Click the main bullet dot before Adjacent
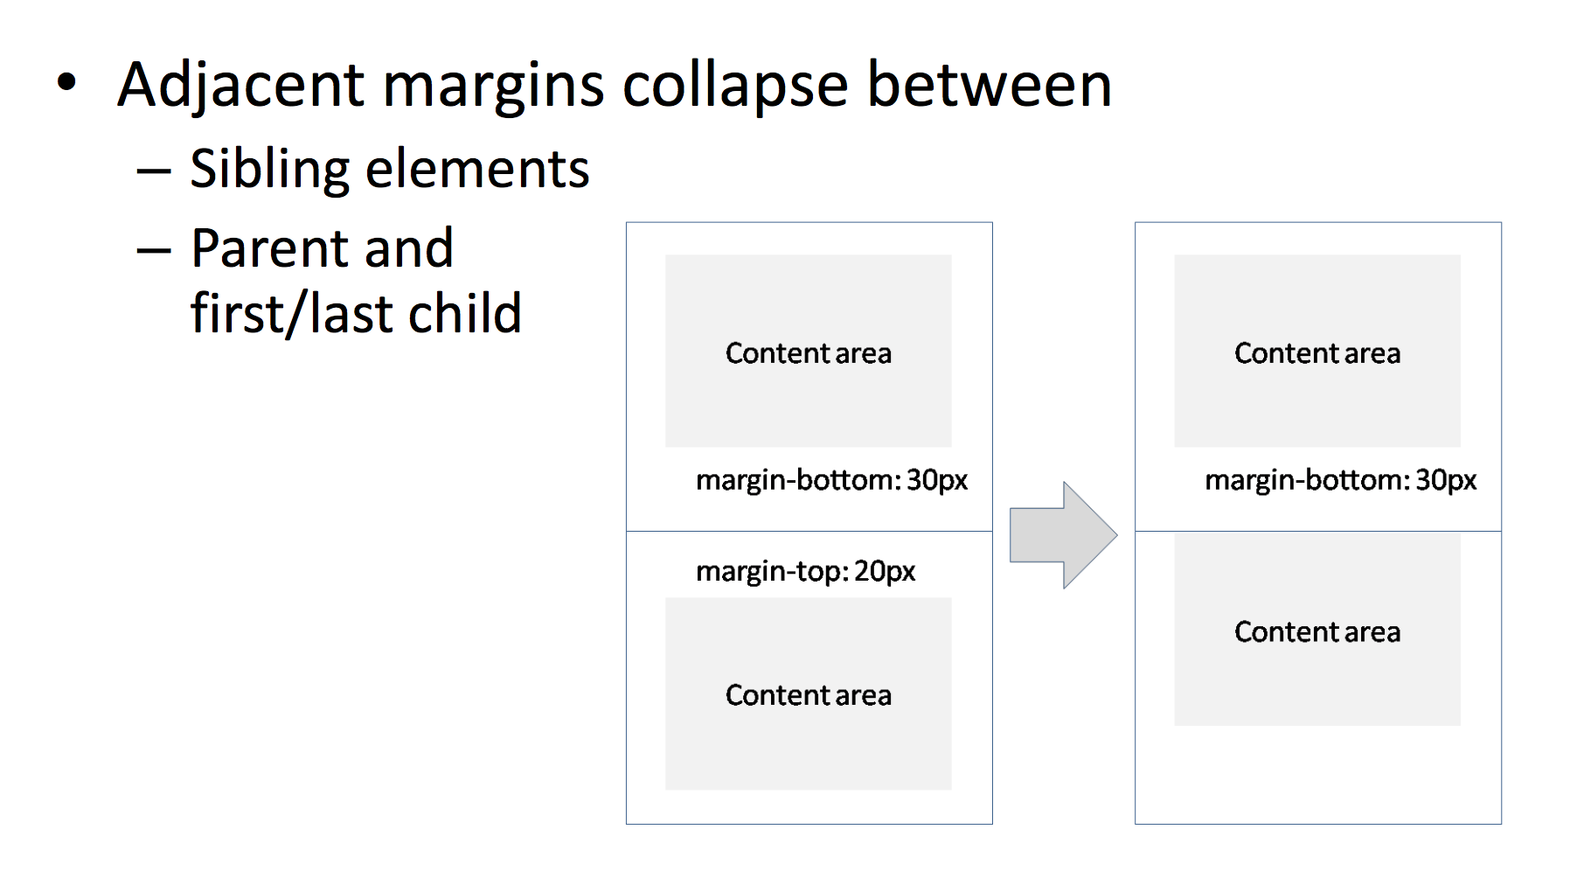click(x=66, y=84)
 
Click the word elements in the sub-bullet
click(x=477, y=168)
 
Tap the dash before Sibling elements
click(x=153, y=171)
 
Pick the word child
click(x=464, y=313)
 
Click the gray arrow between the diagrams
click(x=1063, y=534)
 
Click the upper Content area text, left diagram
click(x=809, y=353)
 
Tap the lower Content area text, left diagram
click(x=809, y=695)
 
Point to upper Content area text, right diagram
click(x=1317, y=353)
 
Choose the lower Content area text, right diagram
click(x=1317, y=632)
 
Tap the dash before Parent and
click(x=153, y=251)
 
